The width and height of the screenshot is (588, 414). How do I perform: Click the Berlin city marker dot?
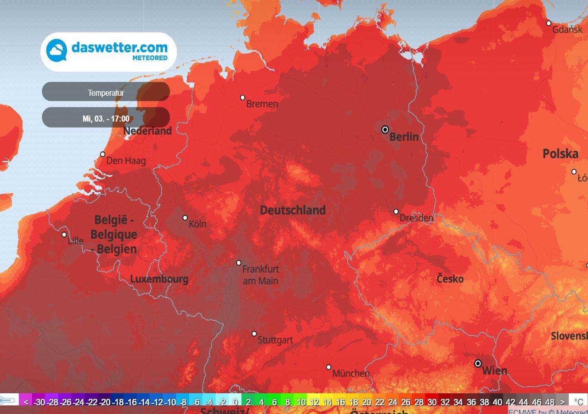(x=385, y=130)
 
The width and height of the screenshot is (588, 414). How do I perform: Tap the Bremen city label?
(x=262, y=104)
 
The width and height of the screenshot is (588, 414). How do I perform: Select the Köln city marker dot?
(x=185, y=218)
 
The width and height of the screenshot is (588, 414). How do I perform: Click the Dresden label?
(x=416, y=218)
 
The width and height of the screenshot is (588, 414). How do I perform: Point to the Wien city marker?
(x=478, y=363)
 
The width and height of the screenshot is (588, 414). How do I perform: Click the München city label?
(x=351, y=373)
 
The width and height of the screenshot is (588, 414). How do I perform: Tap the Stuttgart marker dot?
(x=254, y=333)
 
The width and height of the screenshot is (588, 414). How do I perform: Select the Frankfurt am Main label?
(x=260, y=275)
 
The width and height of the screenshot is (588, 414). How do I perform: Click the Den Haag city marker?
(x=102, y=154)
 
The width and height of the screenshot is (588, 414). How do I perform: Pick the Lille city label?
(x=75, y=241)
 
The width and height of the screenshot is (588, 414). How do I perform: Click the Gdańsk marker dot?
(x=548, y=23)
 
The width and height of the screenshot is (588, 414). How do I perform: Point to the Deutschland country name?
(x=293, y=210)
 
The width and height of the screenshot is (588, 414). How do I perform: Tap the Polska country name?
(x=560, y=154)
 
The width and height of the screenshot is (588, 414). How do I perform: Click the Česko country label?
(x=450, y=279)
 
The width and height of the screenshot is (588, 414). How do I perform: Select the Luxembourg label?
(x=159, y=279)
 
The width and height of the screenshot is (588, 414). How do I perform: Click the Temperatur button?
(x=106, y=93)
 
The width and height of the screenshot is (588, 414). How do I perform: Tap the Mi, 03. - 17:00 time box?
(x=106, y=119)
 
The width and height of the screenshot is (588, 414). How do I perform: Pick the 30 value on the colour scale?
(x=432, y=402)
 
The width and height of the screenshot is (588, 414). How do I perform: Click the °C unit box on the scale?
(x=578, y=402)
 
